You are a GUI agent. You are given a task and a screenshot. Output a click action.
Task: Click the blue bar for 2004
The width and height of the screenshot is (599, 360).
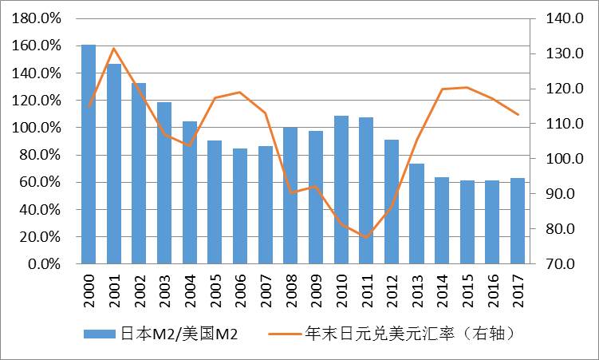coord(190,192)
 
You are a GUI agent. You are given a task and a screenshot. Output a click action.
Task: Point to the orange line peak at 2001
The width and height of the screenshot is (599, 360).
coord(114,49)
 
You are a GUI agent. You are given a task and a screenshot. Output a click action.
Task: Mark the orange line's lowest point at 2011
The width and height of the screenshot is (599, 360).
coord(366,238)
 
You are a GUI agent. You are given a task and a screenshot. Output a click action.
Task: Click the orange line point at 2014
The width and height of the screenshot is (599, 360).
coord(442,89)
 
